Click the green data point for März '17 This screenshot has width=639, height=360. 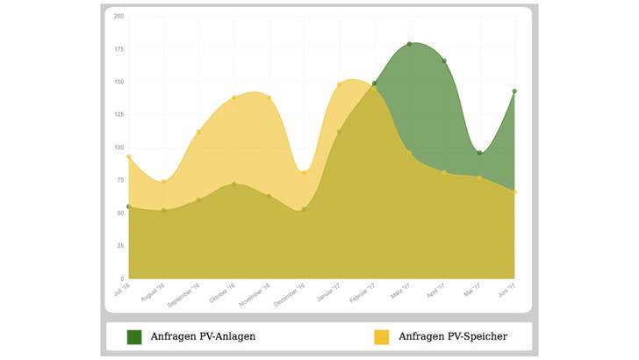click(409, 44)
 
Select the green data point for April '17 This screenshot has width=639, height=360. click(444, 61)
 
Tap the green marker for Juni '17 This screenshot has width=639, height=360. click(514, 91)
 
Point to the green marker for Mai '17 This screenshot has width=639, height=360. click(479, 153)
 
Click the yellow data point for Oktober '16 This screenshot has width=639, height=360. click(233, 98)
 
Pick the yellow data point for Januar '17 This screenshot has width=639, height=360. click(339, 85)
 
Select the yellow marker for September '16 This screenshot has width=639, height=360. click(198, 132)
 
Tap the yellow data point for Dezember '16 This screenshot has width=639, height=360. click(304, 172)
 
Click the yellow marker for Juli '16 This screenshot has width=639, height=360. click(129, 157)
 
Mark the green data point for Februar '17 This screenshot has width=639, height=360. click(374, 83)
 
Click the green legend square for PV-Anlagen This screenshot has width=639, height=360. click(134, 336)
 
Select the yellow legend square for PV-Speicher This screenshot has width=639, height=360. click(382, 336)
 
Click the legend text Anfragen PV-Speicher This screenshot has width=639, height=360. click(452, 336)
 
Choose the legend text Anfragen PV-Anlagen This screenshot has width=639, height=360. click(203, 336)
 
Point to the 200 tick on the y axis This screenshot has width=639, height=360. click(118, 17)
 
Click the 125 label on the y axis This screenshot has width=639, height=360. click(118, 115)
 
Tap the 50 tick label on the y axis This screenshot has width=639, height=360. click(119, 213)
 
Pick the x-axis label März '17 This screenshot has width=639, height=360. click(400, 292)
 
